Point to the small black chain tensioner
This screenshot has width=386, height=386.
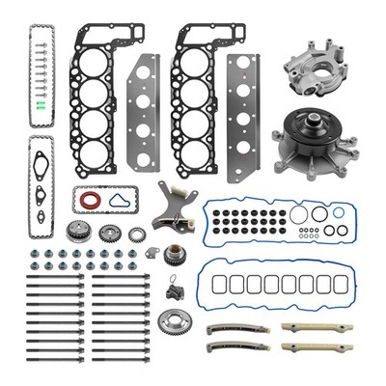pyautogui.click(x=173, y=288)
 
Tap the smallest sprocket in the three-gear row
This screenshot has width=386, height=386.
pyautogui.click(x=136, y=234)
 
